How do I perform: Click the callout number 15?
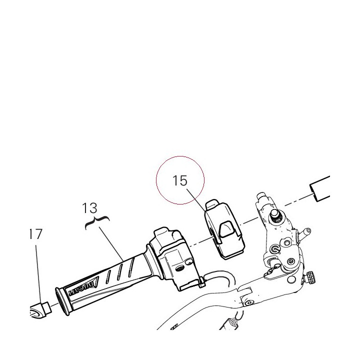180,180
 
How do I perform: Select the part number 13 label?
90,208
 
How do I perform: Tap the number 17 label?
36,234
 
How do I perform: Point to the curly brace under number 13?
97,222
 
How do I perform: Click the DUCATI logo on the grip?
83,287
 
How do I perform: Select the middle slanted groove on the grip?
119,271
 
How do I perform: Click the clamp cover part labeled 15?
224,229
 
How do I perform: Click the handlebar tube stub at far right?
320,188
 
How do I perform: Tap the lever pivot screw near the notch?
248,303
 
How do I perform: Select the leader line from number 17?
38,274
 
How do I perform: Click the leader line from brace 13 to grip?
111,243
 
